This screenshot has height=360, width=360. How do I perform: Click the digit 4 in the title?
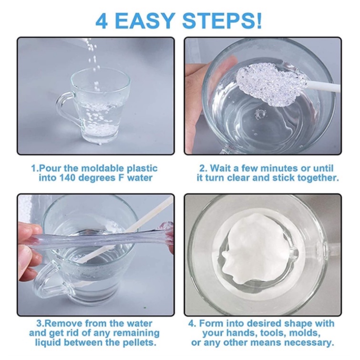tap(101, 21)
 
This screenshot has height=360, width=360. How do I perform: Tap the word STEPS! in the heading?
tap(222, 21)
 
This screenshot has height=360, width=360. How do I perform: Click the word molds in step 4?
tap(305, 333)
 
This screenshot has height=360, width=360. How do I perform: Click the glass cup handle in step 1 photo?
tap(67, 108)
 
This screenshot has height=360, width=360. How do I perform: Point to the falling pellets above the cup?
tap(93, 60)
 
